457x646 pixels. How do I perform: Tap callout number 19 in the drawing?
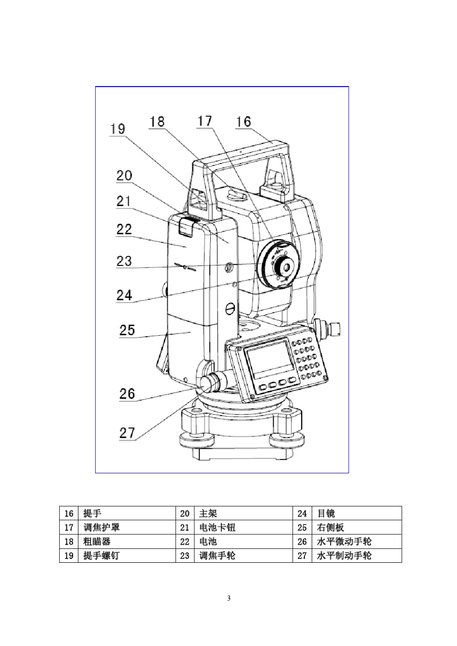[x=117, y=129]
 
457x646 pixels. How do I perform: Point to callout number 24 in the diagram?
[x=124, y=294]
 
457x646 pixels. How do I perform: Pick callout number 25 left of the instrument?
[x=127, y=330]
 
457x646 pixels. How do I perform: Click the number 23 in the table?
[x=185, y=556]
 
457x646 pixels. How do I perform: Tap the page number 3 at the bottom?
[x=228, y=598]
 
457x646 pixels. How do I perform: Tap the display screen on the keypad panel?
[x=269, y=359]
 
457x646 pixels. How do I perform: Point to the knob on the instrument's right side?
[x=331, y=329]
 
